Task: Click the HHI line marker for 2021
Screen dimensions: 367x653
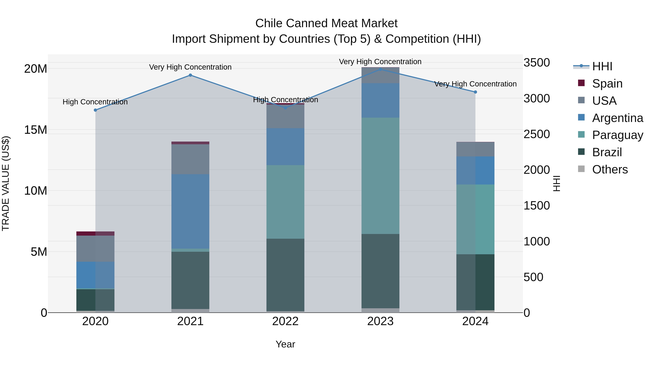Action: point(190,75)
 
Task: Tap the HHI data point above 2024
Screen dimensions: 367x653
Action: point(475,92)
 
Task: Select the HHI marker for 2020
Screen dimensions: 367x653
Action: point(95,110)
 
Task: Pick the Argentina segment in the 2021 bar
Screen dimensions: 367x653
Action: point(190,211)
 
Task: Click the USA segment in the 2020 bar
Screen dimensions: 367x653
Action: point(95,248)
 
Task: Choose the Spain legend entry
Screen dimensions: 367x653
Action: point(607,84)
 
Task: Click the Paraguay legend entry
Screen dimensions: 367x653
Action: point(617,135)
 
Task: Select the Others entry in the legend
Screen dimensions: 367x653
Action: point(610,169)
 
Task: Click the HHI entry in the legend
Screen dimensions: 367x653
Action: point(602,66)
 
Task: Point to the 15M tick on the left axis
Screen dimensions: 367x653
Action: point(36,130)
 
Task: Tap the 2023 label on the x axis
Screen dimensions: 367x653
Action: point(380,321)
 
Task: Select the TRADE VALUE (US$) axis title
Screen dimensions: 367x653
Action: point(6,183)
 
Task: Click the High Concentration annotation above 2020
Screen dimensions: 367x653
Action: point(95,102)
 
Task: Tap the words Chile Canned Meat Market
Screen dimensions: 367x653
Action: point(326,23)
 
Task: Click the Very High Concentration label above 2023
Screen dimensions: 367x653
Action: point(380,62)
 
